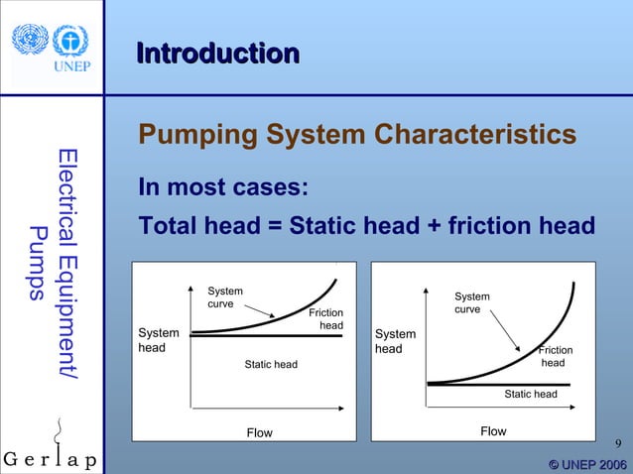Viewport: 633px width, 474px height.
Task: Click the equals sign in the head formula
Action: pyautogui.click(x=274, y=226)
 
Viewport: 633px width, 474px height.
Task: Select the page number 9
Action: pyautogui.click(x=618, y=442)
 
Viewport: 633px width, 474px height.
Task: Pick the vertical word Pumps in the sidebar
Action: pyautogui.click(x=38, y=263)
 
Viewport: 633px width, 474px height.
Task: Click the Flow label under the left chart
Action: pyautogui.click(x=259, y=432)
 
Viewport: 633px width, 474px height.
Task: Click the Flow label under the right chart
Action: pyautogui.click(x=493, y=430)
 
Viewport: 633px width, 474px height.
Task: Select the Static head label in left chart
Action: pyautogui.click(x=271, y=365)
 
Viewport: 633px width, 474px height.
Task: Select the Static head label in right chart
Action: pyautogui.click(x=531, y=394)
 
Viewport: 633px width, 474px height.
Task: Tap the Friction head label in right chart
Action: pyautogui.click(x=555, y=356)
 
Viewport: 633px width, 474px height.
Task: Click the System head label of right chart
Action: pyautogui.click(x=395, y=341)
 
